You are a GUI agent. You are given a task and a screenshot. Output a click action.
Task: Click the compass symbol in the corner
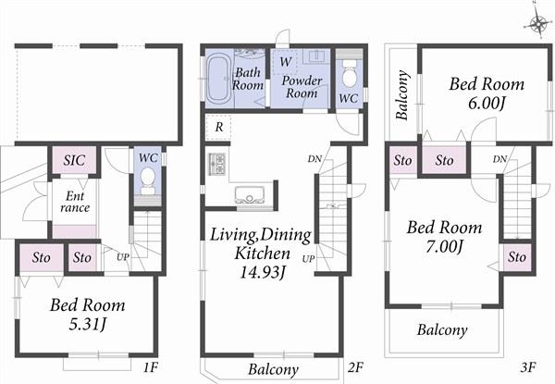tap(538, 23)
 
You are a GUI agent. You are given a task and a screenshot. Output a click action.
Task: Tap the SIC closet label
tap(74, 160)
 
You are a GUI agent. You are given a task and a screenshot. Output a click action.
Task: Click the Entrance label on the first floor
tap(74, 203)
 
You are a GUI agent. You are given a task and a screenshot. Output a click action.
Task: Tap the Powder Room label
tap(302, 87)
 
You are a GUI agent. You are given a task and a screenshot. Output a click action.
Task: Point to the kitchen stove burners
tap(217, 165)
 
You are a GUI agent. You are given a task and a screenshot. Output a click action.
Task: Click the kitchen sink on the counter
tap(251, 194)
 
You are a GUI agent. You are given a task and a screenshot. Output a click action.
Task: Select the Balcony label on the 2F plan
tap(273, 370)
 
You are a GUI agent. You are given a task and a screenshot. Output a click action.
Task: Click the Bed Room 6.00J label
tap(487, 93)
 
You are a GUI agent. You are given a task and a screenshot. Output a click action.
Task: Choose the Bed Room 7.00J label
tap(445, 237)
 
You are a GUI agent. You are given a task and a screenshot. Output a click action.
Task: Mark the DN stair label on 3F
tap(499, 160)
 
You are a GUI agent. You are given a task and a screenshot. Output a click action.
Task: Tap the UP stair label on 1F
tap(122, 255)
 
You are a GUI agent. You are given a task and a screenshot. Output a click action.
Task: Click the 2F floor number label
tap(354, 367)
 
